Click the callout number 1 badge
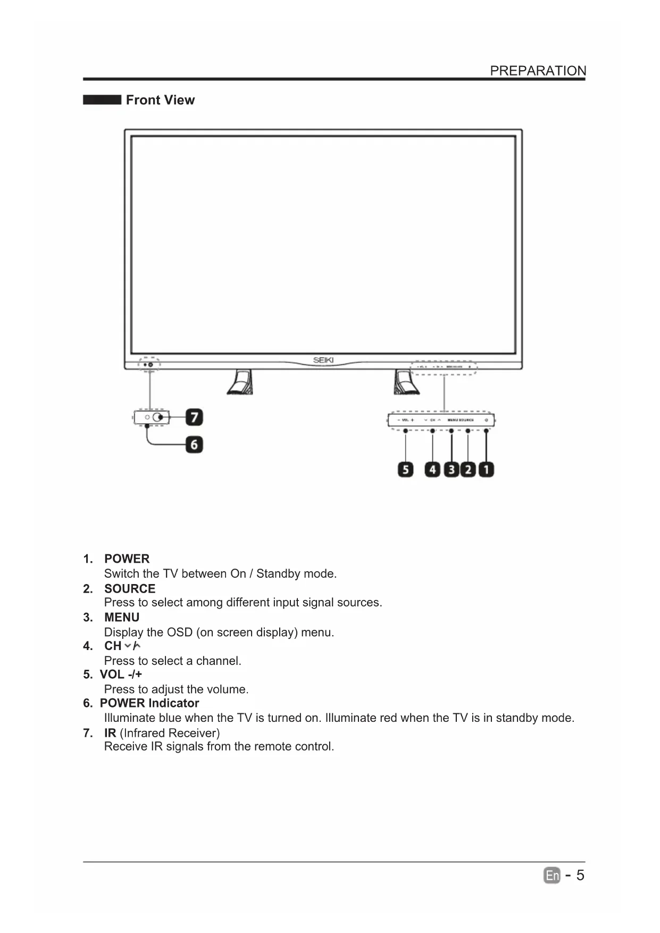(x=486, y=470)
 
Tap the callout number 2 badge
(x=468, y=470)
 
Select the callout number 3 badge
(x=451, y=470)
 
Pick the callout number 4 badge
(x=432, y=470)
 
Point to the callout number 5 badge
(x=405, y=470)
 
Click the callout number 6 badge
(x=194, y=444)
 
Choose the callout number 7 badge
(x=194, y=417)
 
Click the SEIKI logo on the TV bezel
(x=323, y=360)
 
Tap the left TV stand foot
(x=240, y=382)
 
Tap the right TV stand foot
(x=406, y=382)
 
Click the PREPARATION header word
(x=538, y=71)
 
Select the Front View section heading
(x=160, y=100)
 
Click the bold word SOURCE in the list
(x=130, y=588)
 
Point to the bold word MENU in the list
(x=122, y=617)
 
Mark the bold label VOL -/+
(x=121, y=674)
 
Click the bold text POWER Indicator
(x=149, y=703)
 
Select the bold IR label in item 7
(x=110, y=733)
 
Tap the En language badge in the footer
(x=552, y=875)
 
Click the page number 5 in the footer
(x=580, y=875)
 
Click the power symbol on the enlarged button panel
(x=486, y=420)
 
